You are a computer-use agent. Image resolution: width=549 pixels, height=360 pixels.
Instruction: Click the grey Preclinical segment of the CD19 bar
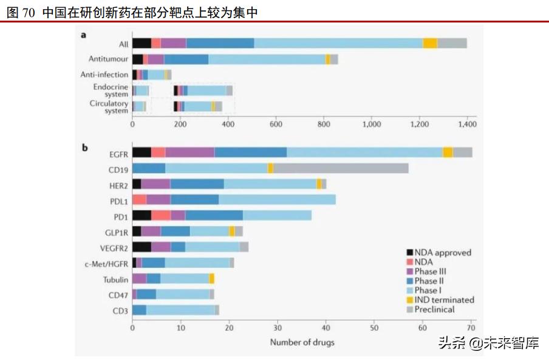tap(341, 168)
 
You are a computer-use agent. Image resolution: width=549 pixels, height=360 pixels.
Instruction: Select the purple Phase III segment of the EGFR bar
tap(189, 152)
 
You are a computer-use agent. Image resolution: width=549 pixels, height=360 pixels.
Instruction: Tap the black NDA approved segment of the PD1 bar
tap(142, 215)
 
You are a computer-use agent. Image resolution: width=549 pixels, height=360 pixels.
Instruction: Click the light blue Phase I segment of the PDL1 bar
tap(277, 199)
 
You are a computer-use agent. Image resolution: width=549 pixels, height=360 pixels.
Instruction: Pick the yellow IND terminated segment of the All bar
tap(430, 43)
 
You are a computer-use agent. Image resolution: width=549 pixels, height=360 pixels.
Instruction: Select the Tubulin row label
tap(115, 279)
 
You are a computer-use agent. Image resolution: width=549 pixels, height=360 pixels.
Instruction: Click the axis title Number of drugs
tap(302, 342)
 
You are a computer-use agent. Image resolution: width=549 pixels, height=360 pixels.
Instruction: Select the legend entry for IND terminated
tap(444, 300)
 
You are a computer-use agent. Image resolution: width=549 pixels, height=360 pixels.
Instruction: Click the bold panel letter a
tap(84, 35)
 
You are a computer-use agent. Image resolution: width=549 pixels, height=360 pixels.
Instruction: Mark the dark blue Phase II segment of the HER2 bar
tap(197, 183)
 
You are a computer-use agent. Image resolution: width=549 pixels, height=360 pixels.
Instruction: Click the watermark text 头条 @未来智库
tap(488, 344)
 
